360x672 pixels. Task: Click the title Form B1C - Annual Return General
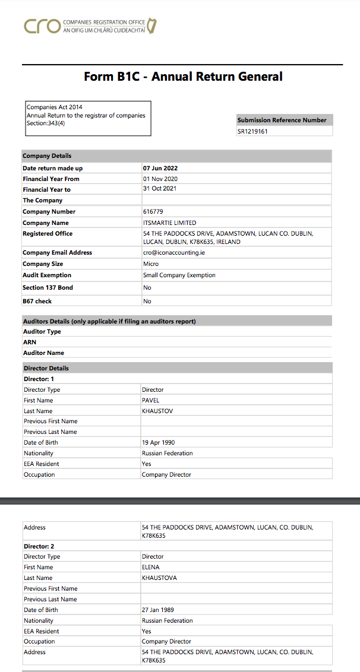[x=183, y=77]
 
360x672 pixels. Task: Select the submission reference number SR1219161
[x=252, y=131]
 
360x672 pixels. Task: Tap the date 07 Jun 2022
[x=160, y=169]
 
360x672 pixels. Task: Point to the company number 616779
[x=153, y=211]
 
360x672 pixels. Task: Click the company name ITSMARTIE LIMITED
[x=169, y=223]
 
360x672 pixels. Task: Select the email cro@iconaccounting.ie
[x=173, y=252]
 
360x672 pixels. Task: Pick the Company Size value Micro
[x=151, y=264]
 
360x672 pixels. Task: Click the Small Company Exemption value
[x=179, y=275]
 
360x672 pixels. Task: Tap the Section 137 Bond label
[x=48, y=287]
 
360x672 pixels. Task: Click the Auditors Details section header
[x=109, y=321]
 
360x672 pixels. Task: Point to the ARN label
[x=29, y=342]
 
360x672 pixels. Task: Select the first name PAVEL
[x=150, y=400]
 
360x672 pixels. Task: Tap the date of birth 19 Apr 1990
[x=158, y=442]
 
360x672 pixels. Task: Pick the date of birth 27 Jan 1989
[x=157, y=610]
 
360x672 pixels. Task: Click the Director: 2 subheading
[x=39, y=546]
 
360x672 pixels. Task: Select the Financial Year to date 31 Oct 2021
[x=160, y=189]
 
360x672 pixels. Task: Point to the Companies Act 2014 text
[x=54, y=107]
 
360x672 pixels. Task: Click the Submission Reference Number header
[x=282, y=120]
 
